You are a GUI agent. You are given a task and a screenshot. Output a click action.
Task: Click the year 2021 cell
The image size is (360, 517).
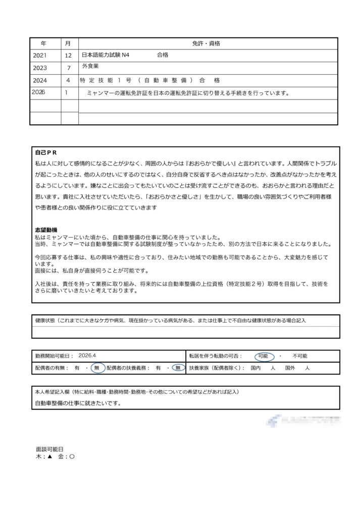[42, 56]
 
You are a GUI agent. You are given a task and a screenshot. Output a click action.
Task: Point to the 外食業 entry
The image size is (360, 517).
[91, 67]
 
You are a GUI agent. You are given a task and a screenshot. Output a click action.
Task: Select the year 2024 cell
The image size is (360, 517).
[42, 80]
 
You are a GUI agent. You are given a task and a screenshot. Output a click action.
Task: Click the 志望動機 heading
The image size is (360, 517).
[46, 230]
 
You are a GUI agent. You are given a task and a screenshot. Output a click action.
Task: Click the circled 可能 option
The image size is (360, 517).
[263, 356]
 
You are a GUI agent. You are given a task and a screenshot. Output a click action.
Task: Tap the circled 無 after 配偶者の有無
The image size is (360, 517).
[96, 369]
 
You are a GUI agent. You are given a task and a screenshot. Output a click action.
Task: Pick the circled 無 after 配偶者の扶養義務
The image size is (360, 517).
[178, 369]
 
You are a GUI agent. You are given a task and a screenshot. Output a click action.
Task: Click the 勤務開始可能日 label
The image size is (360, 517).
[55, 356]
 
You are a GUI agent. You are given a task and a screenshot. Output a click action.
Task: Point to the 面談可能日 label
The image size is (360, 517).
[49, 448]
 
